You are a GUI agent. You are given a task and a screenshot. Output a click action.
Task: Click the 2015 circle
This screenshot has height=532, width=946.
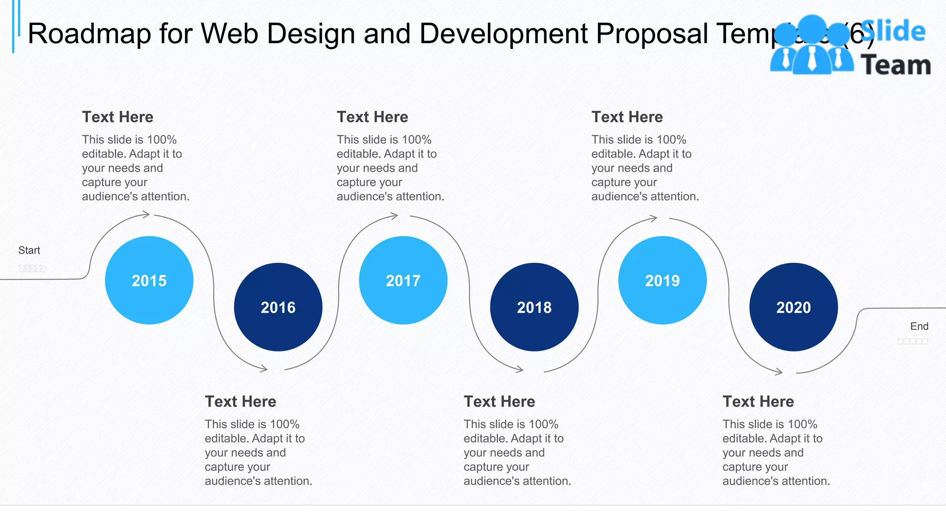click(149, 280)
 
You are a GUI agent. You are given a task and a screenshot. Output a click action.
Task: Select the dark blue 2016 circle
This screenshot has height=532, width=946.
click(278, 307)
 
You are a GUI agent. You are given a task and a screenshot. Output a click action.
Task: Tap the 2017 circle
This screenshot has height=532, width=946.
click(403, 280)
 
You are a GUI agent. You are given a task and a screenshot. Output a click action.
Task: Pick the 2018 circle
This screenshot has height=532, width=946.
click(534, 307)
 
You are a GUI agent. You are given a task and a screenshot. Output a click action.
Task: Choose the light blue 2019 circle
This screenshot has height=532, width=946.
click(662, 280)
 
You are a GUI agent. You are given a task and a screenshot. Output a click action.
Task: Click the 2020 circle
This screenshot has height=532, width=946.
click(794, 307)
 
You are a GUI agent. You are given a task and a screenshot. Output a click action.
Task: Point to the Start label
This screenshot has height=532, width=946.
click(29, 250)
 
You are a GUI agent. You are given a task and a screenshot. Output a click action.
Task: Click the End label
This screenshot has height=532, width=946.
click(919, 326)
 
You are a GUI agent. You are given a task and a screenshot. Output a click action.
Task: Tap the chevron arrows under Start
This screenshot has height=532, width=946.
click(32, 268)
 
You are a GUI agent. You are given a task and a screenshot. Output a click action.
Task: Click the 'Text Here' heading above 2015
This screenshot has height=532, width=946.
click(118, 117)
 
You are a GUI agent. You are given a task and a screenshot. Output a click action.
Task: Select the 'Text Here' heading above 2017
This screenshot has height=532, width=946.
click(372, 117)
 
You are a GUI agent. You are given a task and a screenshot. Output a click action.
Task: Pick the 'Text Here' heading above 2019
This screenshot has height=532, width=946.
click(627, 117)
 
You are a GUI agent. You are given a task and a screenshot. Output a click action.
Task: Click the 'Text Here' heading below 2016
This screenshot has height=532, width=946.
click(241, 401)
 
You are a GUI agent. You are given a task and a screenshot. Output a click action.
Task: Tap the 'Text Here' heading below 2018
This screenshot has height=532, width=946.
click(499, 401)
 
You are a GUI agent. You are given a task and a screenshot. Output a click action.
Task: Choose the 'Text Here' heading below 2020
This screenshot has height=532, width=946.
click(758, 401)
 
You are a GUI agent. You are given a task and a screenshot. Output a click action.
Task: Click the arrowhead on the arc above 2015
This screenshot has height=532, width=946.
click(146, 214)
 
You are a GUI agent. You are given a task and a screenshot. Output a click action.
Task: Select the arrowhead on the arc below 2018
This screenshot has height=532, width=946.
click(520, 369)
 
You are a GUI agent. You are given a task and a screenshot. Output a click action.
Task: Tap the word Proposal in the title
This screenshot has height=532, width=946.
click(652, 34)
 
